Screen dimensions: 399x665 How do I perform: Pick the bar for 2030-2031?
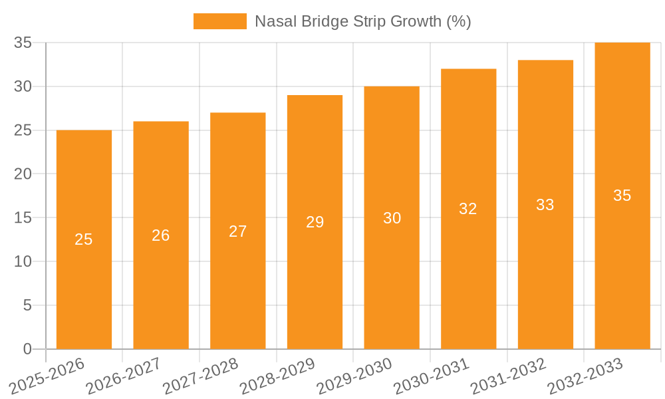(x=468, y=279)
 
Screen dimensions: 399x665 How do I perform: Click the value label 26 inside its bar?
(x=161, y=235)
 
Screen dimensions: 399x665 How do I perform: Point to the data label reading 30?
(x=392, y=218)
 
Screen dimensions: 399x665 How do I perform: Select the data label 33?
(x=545, y=205)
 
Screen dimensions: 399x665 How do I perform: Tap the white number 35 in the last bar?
(x=622, y=196)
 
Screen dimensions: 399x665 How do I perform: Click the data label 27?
(x=238, y=231)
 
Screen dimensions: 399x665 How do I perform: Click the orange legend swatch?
(x=219, y=21)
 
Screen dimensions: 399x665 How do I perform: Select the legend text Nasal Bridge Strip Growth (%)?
(x=363, y=21)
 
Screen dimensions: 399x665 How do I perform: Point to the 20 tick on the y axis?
(x=23, y=174)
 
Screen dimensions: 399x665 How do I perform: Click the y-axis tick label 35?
(x=23, y=43)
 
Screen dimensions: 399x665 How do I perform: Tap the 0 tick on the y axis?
(x=27, y=349)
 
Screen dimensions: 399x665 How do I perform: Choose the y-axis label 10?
(x=23, y=262)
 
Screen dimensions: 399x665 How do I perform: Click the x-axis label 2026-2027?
(x=124, y=376)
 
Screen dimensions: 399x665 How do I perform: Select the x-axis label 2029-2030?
(x=355, y=376)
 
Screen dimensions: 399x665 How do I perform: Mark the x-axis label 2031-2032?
(x=509, y=376)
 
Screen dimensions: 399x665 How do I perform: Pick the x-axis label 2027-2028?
(x=201, y=376)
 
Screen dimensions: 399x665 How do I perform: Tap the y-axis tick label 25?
(x=23, y=130)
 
